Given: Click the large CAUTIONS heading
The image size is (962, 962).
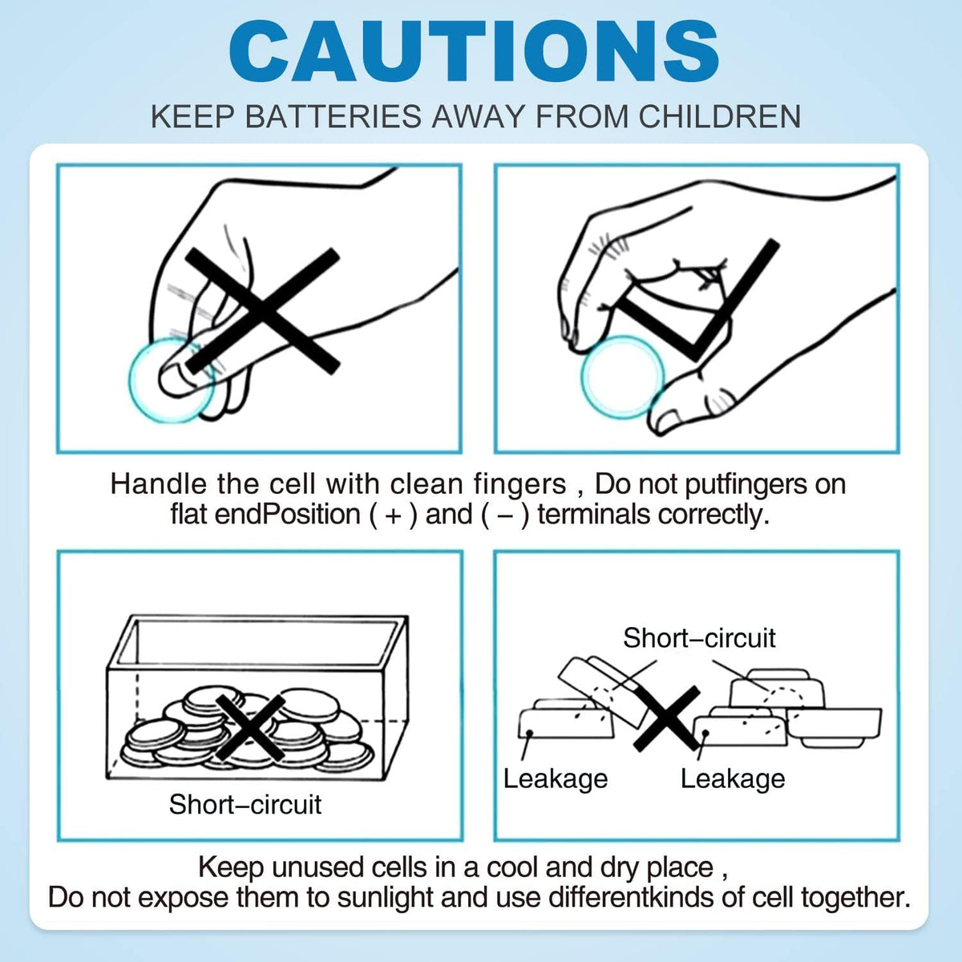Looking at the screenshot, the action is (474, 52).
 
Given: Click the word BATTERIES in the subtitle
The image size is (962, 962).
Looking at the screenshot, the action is (333, 116).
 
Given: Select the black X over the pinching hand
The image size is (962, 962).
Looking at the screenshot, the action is (263, 310).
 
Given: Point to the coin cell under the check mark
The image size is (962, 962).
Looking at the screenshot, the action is (623, 378).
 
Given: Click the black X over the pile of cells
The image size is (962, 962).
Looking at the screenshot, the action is (250, 727).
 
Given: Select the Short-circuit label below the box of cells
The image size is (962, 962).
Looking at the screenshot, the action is (245, 804).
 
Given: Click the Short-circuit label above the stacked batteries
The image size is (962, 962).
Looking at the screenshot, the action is (699, 637).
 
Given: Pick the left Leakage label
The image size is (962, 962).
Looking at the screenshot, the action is (555, 779).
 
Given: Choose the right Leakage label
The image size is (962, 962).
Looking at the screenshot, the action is (733, 779).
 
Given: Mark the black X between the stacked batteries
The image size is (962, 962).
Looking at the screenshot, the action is (667, 718).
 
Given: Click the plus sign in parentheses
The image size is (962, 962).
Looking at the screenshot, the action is (394, 515).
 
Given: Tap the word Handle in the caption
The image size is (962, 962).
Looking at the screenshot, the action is (158, 484).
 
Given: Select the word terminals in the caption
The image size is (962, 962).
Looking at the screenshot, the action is (594, 514).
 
